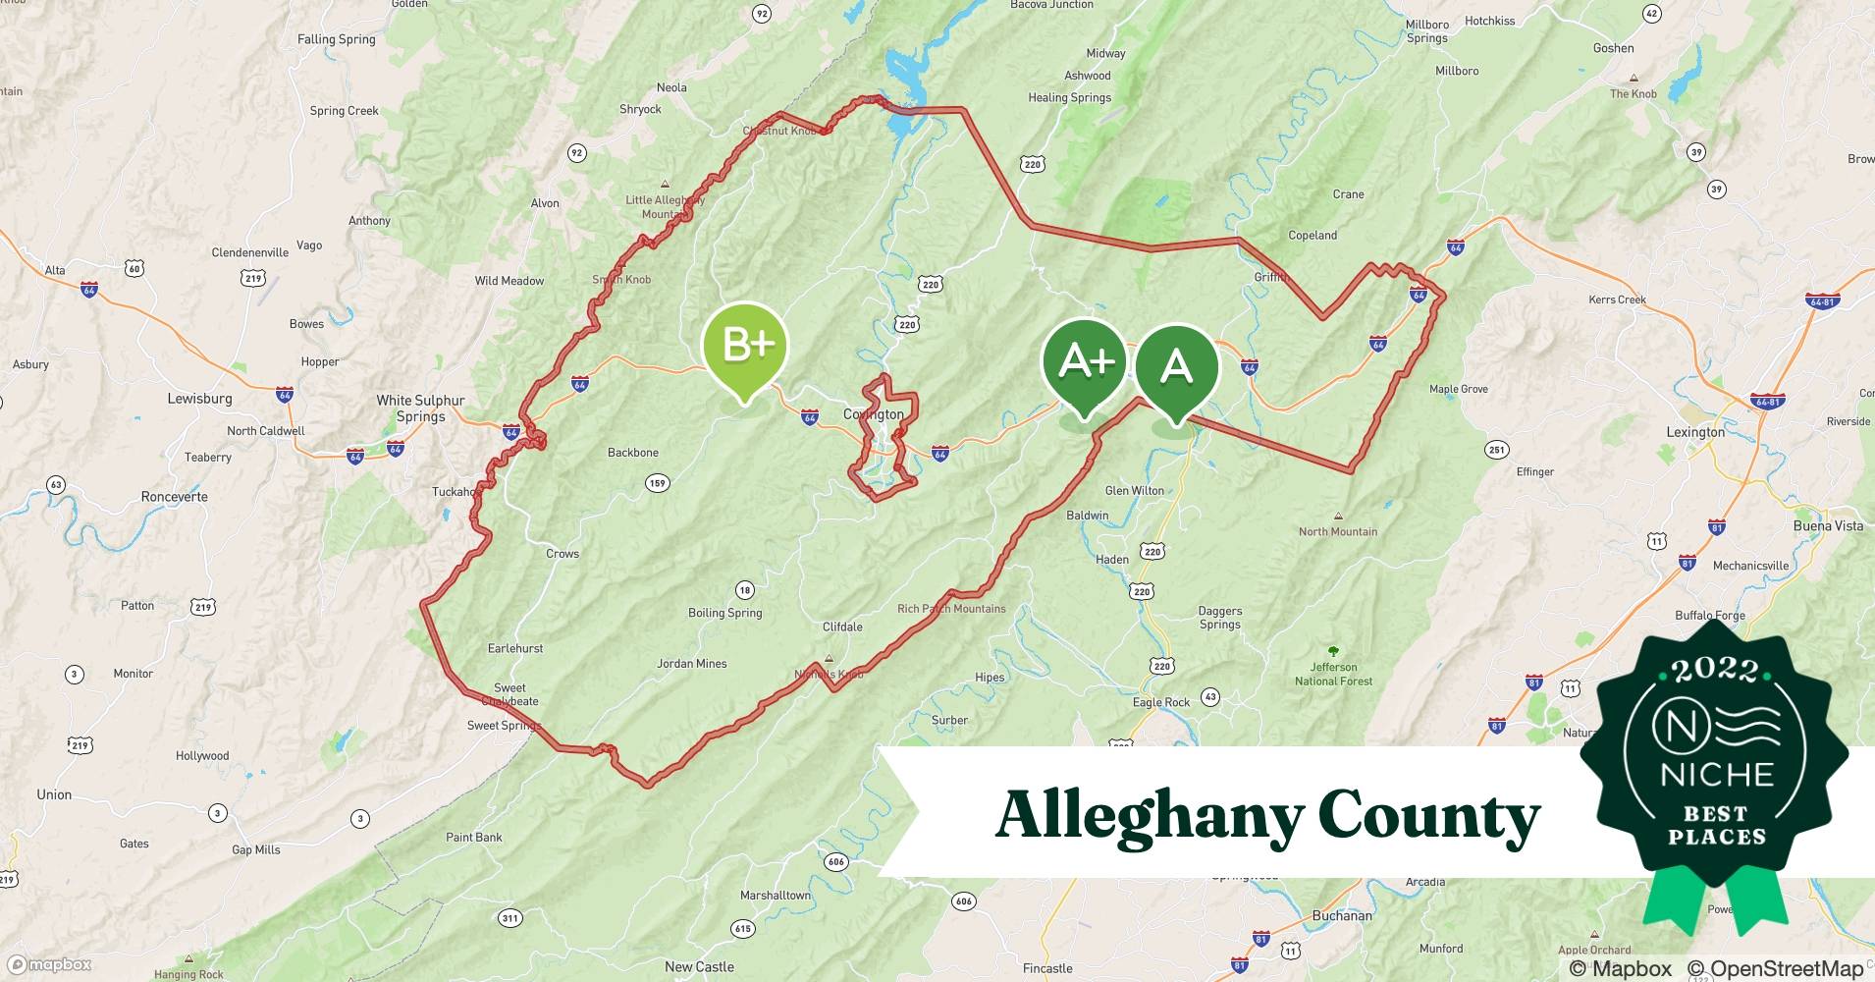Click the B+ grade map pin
(745, 347)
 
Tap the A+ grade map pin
(1084, 363)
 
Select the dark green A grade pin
(1176, 368)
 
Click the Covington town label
(873, 414)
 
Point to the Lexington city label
(1695, 432)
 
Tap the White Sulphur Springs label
(420, 408)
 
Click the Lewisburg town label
(199, 399)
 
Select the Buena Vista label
(1827, 525)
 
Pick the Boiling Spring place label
(724, 613)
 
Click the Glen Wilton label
(1134, 490)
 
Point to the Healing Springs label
(1069, 97)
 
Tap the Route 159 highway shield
(657, 482)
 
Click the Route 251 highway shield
(1496, 450)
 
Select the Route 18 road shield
(745, 590)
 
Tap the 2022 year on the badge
(1714, 671)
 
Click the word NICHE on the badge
(1716, 775)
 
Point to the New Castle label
(699, 966)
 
